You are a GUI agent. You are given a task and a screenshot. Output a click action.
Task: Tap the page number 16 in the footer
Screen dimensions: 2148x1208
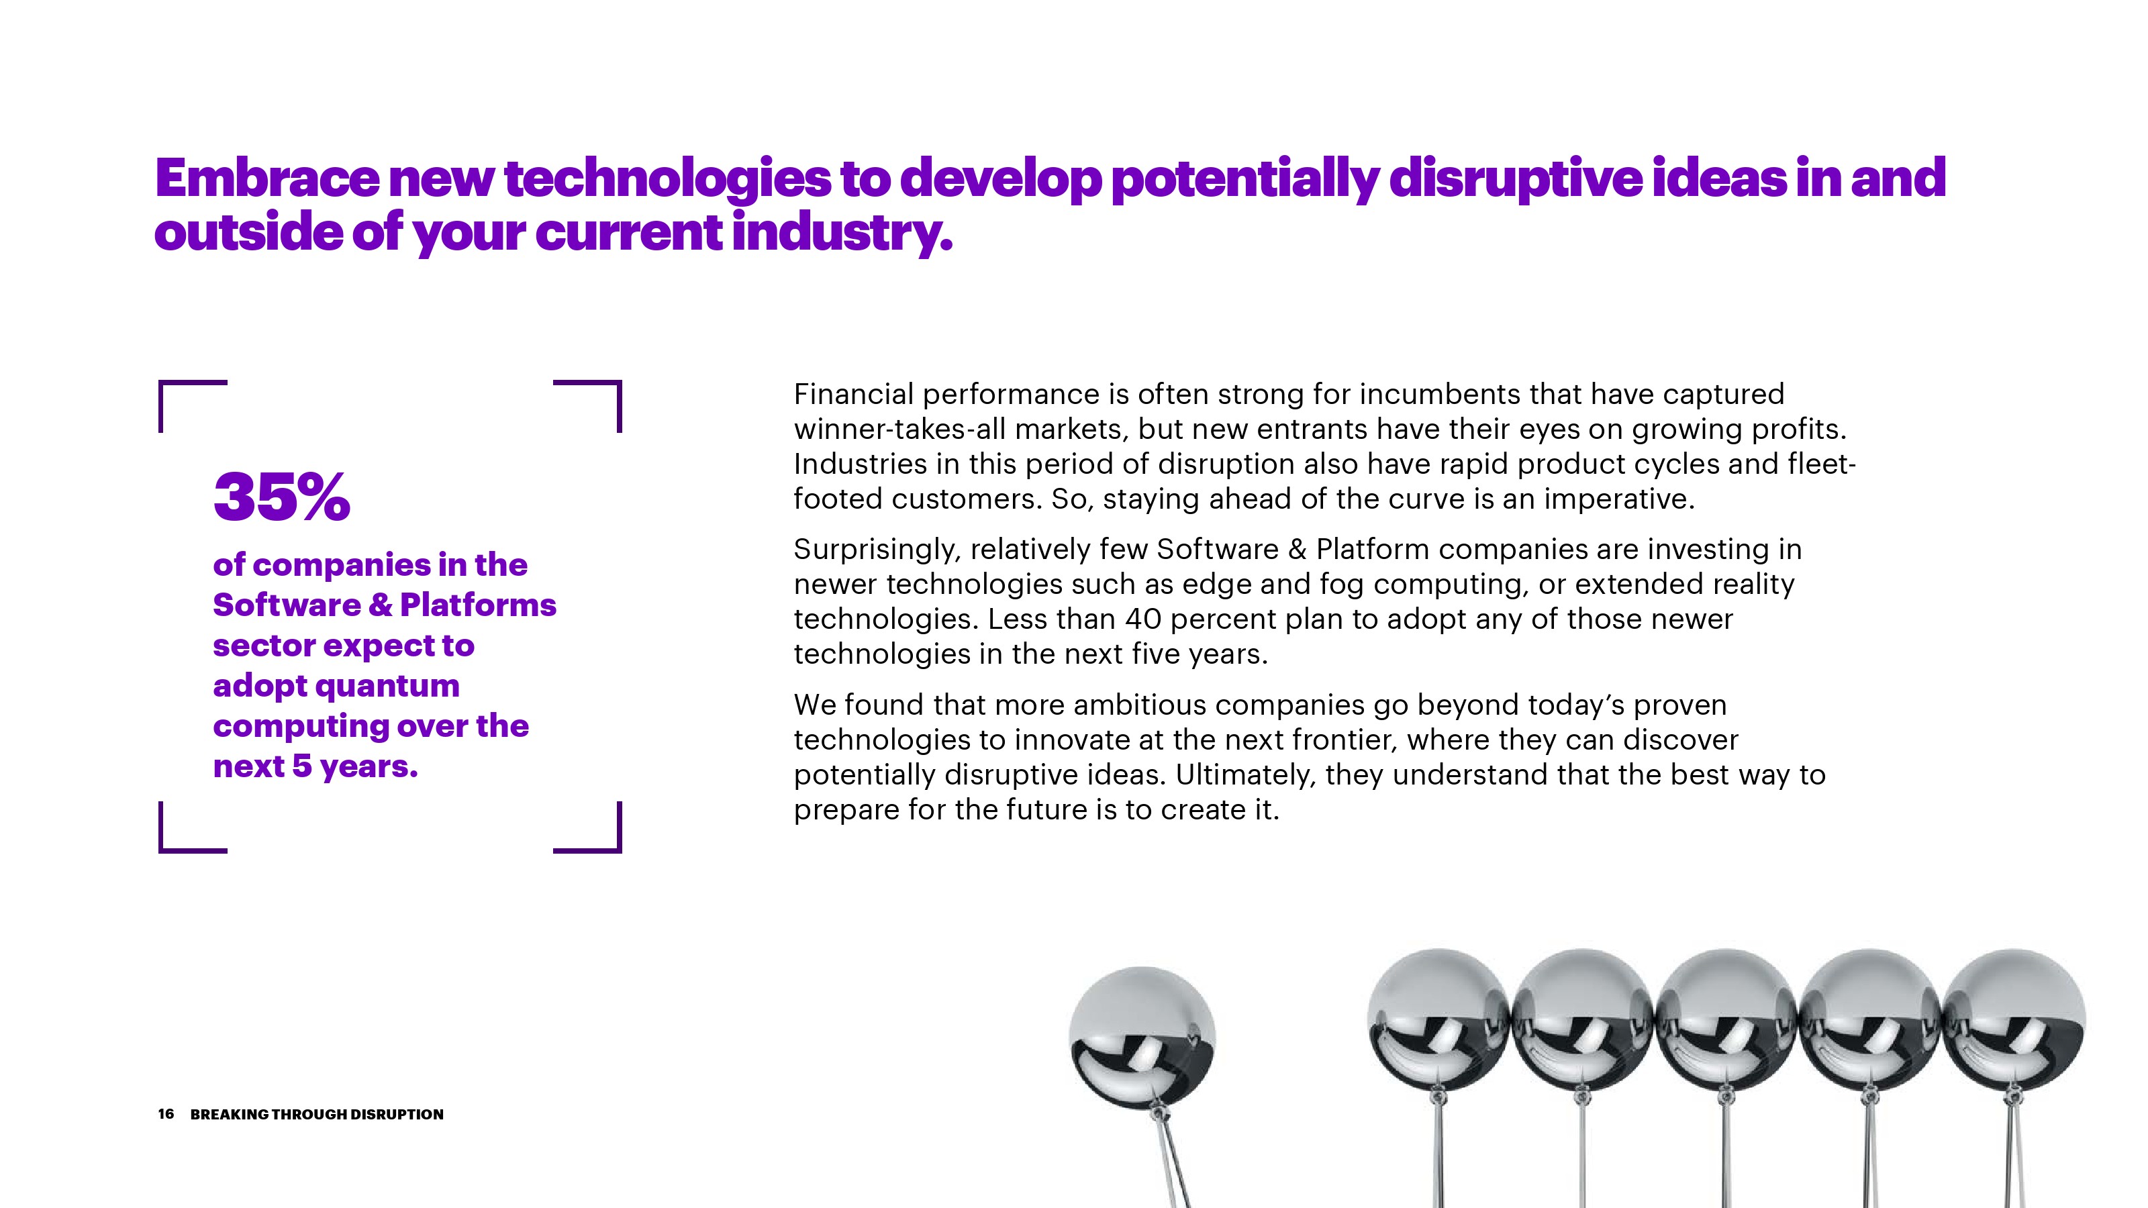[166, 1114]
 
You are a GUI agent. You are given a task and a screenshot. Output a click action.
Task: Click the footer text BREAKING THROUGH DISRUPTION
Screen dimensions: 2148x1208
[317, 1115]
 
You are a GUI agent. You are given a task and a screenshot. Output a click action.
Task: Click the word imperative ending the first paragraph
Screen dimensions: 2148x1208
[1619, 499]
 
